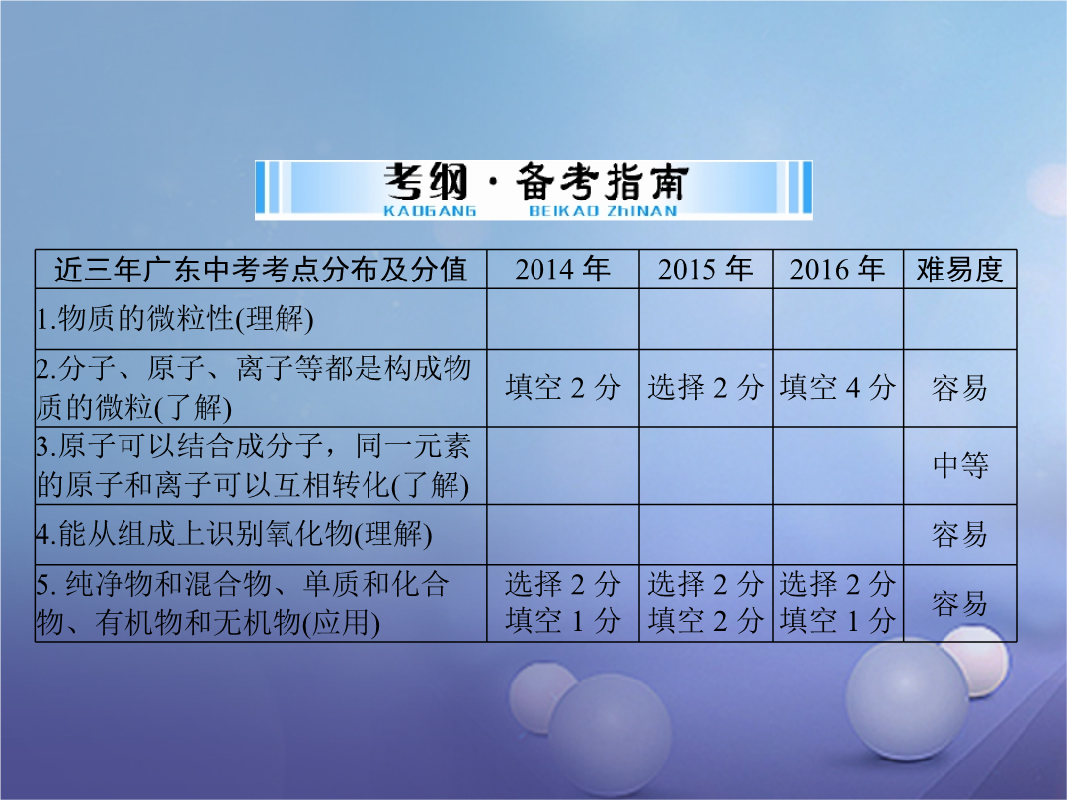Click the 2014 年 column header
tap(562, 270)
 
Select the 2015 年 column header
tap(705, 270)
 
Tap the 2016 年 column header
tap(837, 270)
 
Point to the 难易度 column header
tap(959, 270)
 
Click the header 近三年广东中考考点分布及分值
tap(261, 270)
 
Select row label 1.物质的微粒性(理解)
tap(175, 319)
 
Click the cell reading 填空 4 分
tap(838, 388)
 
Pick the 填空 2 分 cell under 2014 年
tap(563, 388)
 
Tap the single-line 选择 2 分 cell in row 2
tap(705, 388)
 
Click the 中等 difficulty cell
tap(960, 465)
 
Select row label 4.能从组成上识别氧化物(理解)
tap(234, 534)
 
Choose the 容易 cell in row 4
tap(959, 534)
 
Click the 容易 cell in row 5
tap(959, 603)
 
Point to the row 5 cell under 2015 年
tap(705, 602)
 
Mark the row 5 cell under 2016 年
tap(838, 602)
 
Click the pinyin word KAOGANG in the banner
tap(430, 211)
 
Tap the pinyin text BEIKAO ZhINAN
tap(603, 211)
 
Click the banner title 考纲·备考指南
tap(535, 183)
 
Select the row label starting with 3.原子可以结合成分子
tap(253, 465)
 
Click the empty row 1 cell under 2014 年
tap(563, 319)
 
